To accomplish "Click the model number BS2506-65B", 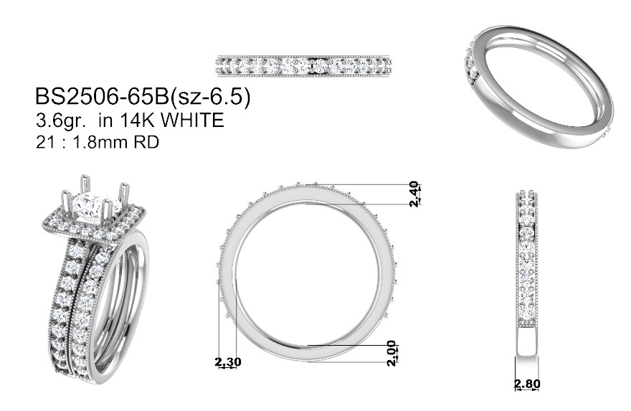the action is [103, 97].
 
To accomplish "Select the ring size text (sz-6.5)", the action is [211, 98].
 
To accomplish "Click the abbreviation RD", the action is [146, 142].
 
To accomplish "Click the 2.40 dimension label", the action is [414, 194].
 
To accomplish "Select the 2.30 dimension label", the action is [228, 362].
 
